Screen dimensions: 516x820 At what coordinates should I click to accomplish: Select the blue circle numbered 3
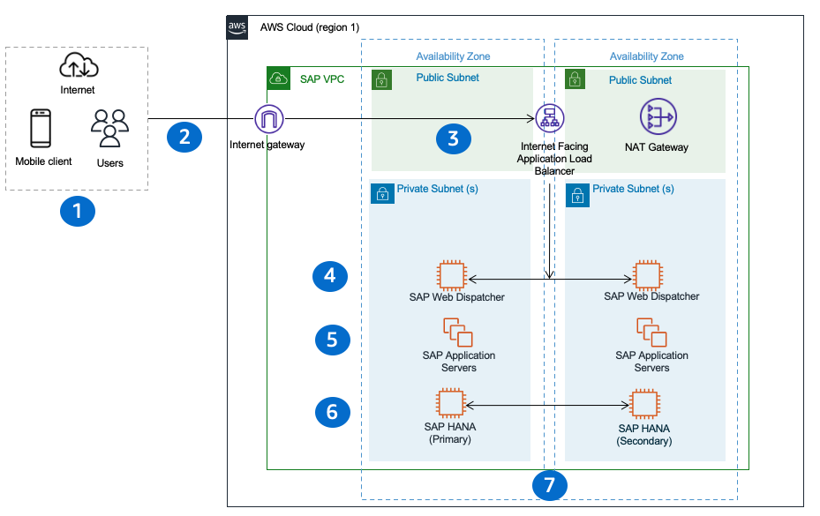coord(453,138)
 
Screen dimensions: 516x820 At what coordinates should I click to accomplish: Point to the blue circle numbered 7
coord(549,485)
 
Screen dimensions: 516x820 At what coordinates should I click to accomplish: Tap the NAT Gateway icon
coord(656,118)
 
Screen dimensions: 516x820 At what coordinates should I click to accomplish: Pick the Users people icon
coord(109,129)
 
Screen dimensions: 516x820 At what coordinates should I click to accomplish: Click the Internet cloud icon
coord(78,65)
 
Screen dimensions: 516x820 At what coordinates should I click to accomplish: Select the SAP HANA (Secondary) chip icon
coord(644,405)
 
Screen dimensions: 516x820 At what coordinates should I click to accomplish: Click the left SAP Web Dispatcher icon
coord(452,276)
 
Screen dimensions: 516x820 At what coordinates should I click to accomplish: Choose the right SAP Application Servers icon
coord(651,333)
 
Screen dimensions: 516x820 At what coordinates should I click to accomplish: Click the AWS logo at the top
coord(237,27)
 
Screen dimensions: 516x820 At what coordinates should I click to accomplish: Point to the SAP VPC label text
coord(322,79)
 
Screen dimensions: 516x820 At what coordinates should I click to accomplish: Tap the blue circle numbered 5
coord(332,340)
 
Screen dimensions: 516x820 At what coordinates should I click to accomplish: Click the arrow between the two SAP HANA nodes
coord(547,405)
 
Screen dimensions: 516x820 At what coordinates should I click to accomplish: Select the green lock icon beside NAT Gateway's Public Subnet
coord(575,80)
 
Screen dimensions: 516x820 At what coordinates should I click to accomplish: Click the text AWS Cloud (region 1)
coord(310,27)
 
